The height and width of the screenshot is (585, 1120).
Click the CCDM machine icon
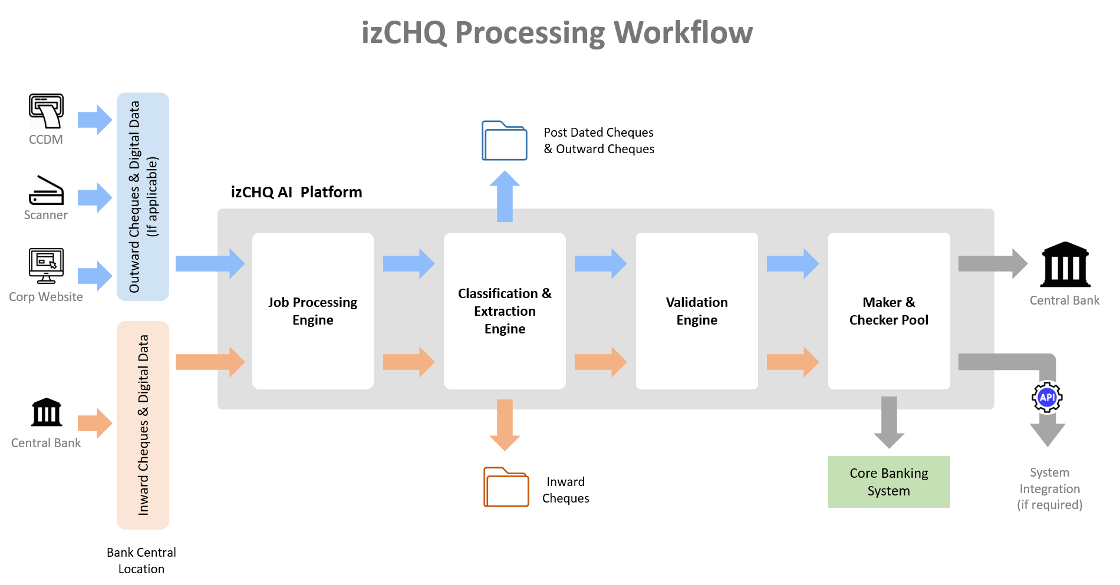[46, 110]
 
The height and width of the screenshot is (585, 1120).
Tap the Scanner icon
[46, 190]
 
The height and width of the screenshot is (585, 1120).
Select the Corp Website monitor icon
[46, 266]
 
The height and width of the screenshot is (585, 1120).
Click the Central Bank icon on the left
[47, 412]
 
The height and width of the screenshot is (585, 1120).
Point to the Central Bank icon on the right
[1066, 265]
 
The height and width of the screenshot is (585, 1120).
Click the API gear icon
[1047, 398]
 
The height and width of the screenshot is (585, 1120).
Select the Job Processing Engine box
[313, 311]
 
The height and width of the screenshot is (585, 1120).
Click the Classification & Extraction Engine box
[505, 311]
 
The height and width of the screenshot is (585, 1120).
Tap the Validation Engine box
[697, 311]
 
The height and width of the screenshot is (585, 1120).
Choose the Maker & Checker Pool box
[889, 311]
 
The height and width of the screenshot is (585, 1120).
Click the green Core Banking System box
[889, 482]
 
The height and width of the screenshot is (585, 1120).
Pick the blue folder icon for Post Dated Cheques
[505, 141]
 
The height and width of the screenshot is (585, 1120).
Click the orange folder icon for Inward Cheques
[506, 487]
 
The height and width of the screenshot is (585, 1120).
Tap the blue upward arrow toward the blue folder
[505, 196]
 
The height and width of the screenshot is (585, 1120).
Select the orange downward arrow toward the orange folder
[505, 425]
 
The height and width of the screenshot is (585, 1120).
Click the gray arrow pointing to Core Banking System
[889, 422]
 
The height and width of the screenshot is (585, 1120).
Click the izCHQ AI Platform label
[297, 192]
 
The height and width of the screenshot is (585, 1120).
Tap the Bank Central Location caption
[141, 561]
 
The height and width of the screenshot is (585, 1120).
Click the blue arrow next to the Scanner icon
[95, 197]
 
